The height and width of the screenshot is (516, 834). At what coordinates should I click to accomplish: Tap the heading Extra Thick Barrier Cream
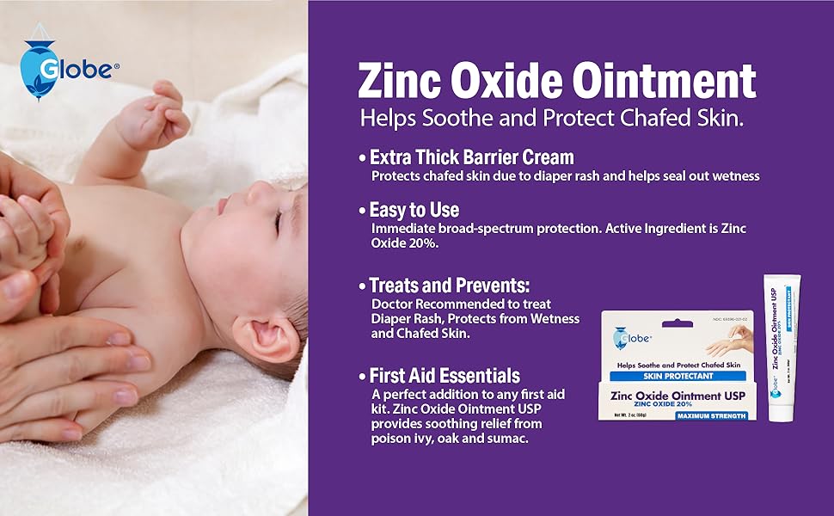[471, 157]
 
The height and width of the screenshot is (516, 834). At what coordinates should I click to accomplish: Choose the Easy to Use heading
[414, 210]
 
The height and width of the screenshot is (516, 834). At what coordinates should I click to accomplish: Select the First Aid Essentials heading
[444, 376]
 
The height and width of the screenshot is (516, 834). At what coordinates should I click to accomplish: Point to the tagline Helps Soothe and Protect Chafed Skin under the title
[551, 118]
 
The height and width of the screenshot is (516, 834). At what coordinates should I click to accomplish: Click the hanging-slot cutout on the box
[676, 322]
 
